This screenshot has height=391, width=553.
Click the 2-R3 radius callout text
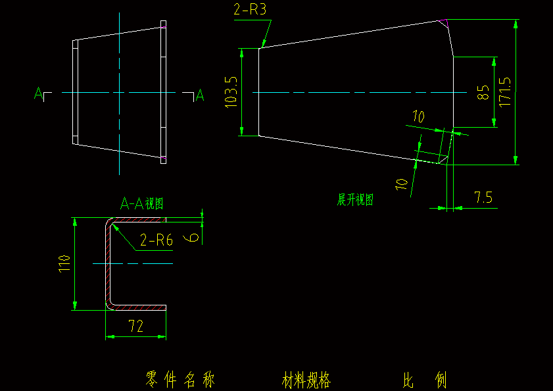tap(249, 10)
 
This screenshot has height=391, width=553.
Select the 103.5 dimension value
tap(231, 92)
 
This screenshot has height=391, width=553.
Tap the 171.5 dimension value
tap(505, 93)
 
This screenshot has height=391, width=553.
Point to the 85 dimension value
tap(483, 93)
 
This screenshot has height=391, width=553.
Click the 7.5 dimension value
tap(483, 197)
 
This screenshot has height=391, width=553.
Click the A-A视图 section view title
tap(141, 204)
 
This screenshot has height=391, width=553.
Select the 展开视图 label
tap(356, 200)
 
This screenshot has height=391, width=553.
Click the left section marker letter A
tap(38, 93)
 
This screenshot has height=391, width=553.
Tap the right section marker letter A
tap(200, 96)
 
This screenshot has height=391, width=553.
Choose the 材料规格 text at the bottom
tap(306, 380)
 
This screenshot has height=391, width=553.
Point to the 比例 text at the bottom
tap(425, 380)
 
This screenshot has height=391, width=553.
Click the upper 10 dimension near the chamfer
tap(418, 117)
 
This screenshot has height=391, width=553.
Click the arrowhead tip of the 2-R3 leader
tap(262, 47)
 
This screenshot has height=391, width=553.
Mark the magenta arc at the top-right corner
tap(445, 24)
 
